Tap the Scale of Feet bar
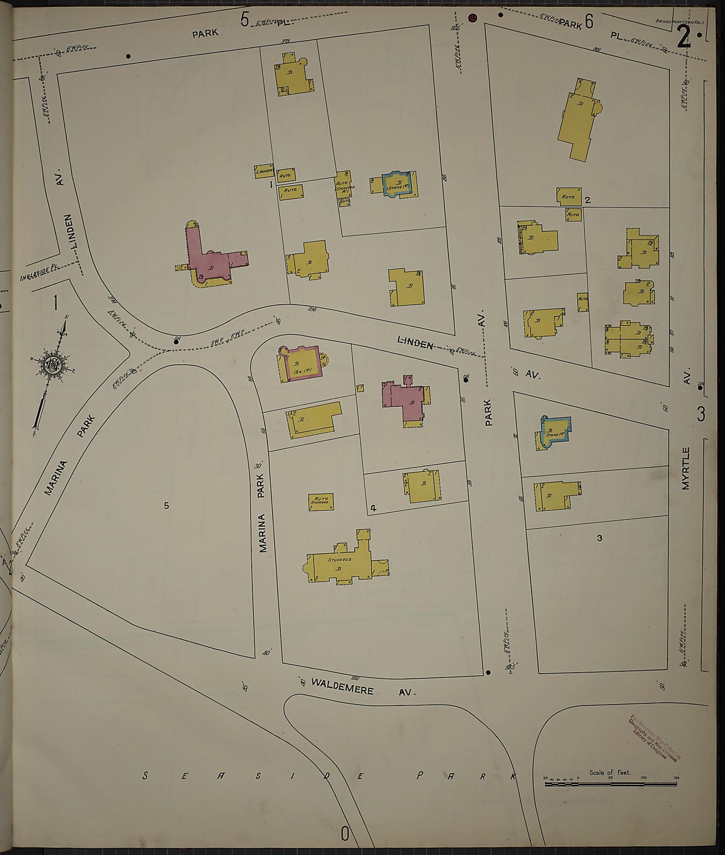[612, 783]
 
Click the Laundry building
[264, 171]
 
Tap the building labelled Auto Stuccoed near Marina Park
[321, 501]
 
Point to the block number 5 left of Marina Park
[166, 505]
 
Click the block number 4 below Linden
[373, 508]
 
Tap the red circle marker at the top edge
[472, 18]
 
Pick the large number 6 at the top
[589, 22]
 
